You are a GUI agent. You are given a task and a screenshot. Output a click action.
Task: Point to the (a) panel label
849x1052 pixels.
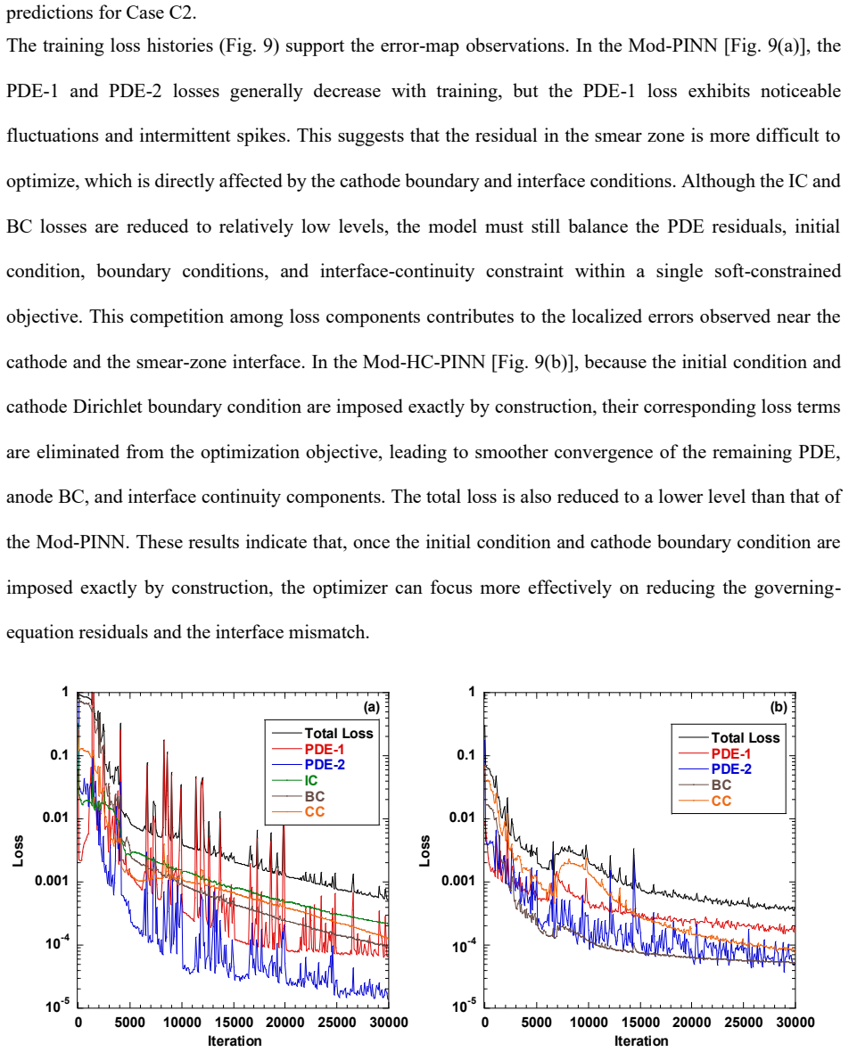tap(371, 706)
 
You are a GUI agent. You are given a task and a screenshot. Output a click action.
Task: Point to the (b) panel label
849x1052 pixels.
tap(779, 706)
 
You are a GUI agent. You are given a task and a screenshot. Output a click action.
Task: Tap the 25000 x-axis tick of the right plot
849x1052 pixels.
tap(744, 1022)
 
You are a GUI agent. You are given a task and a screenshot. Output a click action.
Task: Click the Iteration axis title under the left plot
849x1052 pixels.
tap(235, 1040)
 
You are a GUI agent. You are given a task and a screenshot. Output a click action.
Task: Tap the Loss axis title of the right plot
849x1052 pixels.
tap(424, 851)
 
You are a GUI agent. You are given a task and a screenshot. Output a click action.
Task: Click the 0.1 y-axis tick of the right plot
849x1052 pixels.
tap(466, 755)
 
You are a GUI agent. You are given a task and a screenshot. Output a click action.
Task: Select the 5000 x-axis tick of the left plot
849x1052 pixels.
tap(129, 1022)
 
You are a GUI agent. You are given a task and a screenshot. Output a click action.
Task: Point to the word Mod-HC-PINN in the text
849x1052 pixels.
tap(424, 362)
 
